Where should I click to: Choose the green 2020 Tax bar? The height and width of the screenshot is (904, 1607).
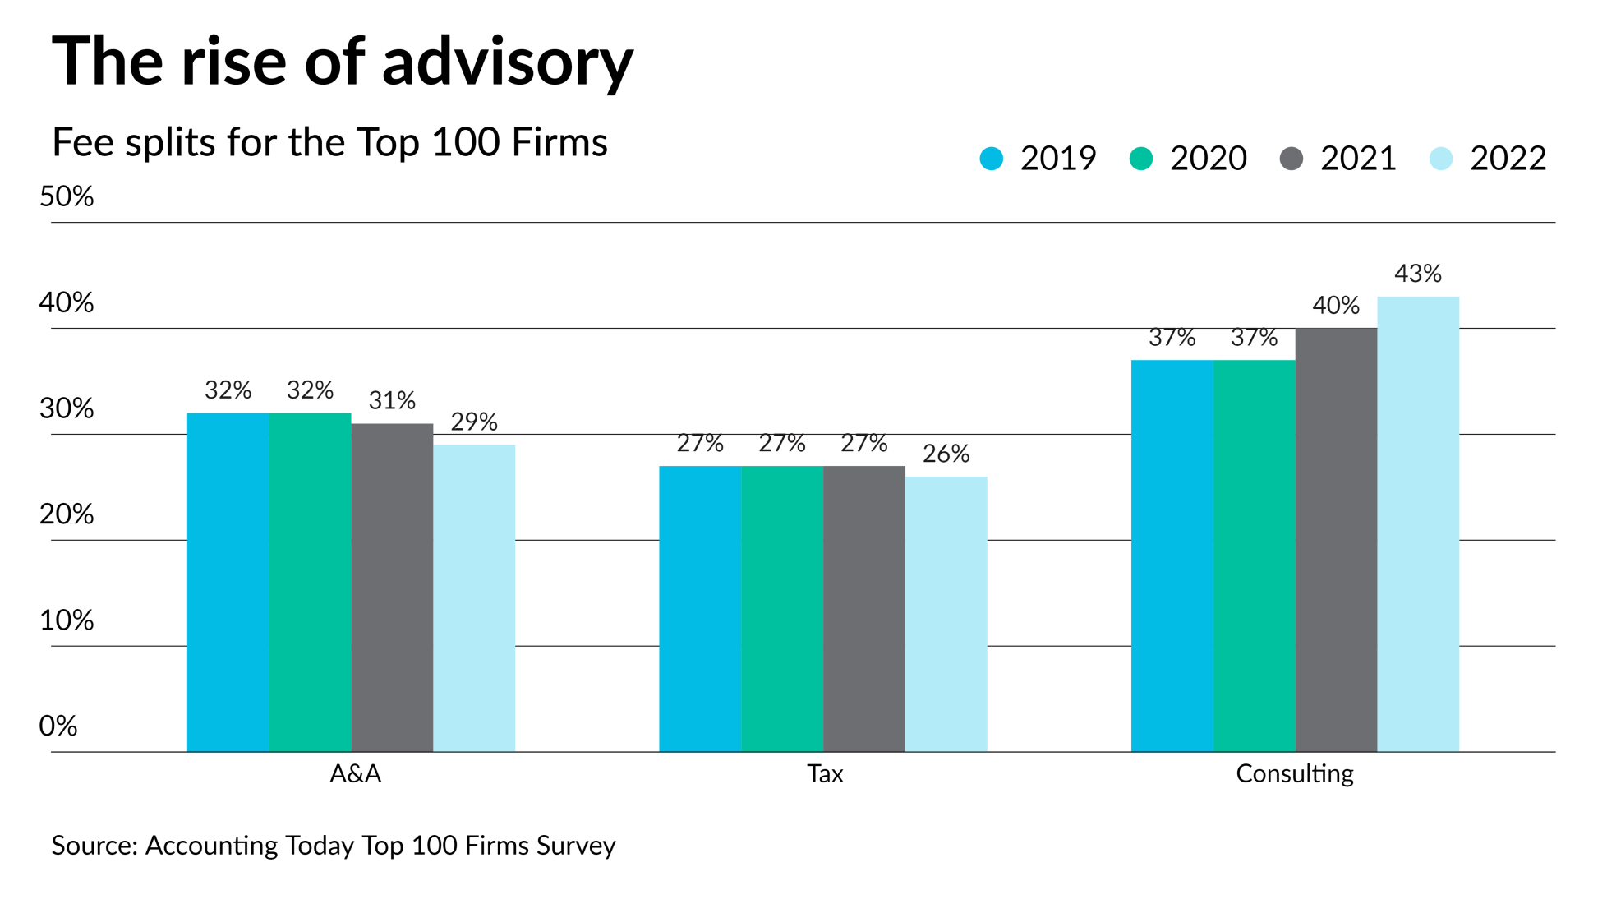point(782,608)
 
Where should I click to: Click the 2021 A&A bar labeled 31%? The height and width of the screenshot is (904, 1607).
point(392,587)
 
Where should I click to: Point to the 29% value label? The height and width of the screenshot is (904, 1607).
point(474,422)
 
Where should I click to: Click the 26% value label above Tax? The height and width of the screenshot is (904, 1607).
point(946,454)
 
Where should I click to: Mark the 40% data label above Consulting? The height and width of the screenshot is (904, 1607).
point(1336,306)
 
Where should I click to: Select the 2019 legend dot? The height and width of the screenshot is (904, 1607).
point(992,159)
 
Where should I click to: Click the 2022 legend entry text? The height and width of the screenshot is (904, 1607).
point(1508,159)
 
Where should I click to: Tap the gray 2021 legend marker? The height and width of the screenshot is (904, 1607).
point(1292,159)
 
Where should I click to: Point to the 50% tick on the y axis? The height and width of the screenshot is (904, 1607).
point(67,197)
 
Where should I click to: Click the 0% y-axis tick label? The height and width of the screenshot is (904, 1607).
point(58,726)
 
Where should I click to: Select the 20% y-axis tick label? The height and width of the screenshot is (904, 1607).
point(67,514)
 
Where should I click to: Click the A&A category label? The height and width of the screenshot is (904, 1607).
point(355,774)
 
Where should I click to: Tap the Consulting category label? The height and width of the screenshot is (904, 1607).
point(1294,774)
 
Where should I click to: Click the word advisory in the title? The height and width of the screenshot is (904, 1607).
point(508,62)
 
